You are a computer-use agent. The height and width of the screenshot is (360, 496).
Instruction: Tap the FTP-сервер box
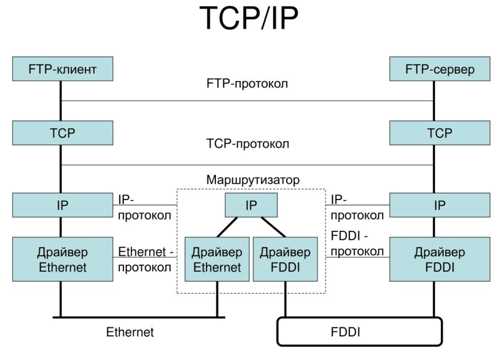(x=434, y=70)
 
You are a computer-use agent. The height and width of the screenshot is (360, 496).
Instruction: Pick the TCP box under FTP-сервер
(x=434, y=133)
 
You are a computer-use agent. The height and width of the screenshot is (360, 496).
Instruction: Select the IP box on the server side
(x=434, y=205)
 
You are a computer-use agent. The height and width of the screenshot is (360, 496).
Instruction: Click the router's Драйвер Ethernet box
(x=217, y=259)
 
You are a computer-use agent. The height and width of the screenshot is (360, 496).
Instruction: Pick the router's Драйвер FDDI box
(x=285, y=259)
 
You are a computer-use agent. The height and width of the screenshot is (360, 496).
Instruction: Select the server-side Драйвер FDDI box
(x=434, y=259)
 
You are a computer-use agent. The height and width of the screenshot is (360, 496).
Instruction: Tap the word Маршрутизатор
(x=254, y=179)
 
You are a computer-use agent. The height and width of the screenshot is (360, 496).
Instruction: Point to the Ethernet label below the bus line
(x=130, y=332)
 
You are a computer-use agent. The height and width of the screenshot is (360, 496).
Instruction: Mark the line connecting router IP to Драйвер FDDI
(x=273, y=227)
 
